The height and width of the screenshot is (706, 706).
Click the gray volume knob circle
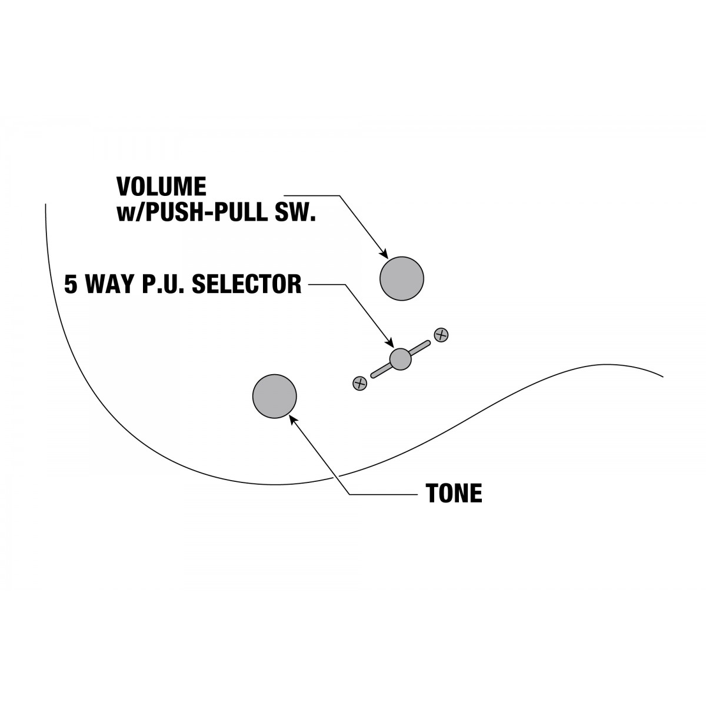click(x=402, y=278)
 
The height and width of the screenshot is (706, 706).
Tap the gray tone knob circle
click(x=274, y=396)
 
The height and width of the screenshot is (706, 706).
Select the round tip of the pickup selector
click(x=400, y=359)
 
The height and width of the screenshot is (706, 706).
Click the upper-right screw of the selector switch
click(x=441, y=335)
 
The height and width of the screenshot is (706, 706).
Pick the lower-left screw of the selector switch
click(x=360, y=383)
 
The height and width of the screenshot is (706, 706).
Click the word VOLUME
click(x=161, y=187)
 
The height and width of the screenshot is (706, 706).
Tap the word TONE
click(x=454, y=493)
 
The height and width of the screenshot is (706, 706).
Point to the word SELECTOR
click(x=247, y=284)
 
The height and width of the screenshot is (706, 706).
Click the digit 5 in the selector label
click(x=71, y=284)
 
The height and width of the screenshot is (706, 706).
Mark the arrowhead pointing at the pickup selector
click(x=390, y=343)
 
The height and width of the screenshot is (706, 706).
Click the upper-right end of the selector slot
click(x=428, y=343)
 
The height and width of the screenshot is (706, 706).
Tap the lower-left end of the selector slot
click(x=374, y=375)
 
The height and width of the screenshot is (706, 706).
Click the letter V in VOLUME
click(x=124, y=187)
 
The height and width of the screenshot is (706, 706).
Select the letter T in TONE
click(x=432, y=493)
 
